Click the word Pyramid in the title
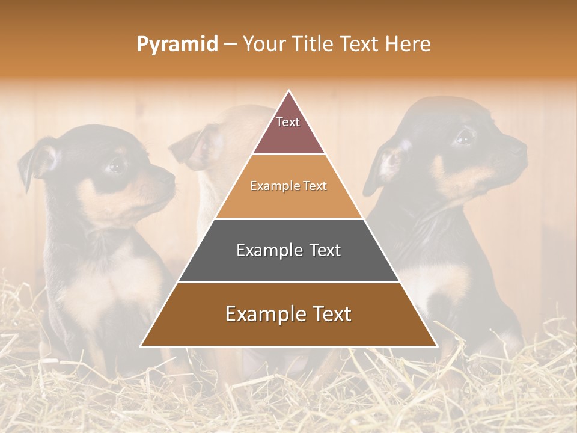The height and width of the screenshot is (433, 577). [177, 45]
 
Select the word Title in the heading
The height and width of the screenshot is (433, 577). [309, 45]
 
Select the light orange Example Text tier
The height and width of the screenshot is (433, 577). [288, 186]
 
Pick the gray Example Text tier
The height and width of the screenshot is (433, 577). [288, 250]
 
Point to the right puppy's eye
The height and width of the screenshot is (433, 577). [464, 138]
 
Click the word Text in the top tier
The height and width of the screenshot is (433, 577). [288, 123]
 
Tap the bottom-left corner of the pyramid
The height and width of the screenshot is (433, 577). [142, 345]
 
